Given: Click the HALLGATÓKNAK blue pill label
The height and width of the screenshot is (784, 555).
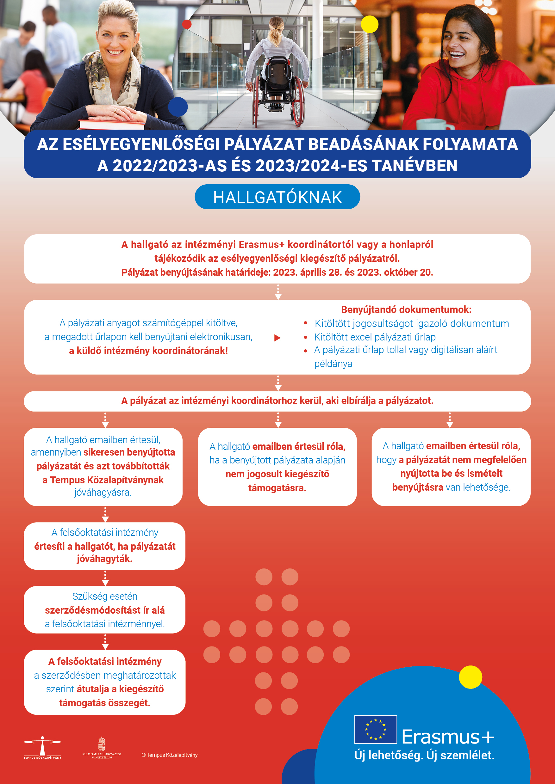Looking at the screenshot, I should click(x=277, y=197).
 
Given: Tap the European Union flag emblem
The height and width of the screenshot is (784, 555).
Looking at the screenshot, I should click(x=376, y=729).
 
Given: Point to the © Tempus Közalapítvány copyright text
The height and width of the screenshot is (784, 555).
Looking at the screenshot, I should click(x=170, y=755).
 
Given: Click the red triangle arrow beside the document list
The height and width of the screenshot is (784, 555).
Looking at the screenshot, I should click(x=277, y=338).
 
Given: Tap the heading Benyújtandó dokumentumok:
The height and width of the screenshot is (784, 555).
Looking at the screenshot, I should click(x=406, y=310).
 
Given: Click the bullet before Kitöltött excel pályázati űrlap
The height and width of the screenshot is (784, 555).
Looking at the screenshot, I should click(x=306, y=337).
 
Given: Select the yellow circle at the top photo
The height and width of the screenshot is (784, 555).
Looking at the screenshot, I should click(x=370, y=24).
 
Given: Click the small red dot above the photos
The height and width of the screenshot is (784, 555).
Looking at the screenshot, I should click(x=187, y=24).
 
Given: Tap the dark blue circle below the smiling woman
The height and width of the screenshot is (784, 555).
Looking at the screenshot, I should click(x=178, y=107).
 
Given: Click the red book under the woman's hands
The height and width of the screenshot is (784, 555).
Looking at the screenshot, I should click(x=111, y=125).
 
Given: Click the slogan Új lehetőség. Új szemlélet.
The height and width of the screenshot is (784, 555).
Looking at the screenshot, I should click(x=424, y=755).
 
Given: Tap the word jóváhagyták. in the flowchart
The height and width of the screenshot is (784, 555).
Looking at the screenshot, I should click(x=104, y=559).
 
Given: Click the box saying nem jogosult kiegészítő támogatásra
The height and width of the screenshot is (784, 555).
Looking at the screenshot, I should click(x=277, y=467).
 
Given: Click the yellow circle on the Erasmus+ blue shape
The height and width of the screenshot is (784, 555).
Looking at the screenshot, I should click(x=470, y=677).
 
